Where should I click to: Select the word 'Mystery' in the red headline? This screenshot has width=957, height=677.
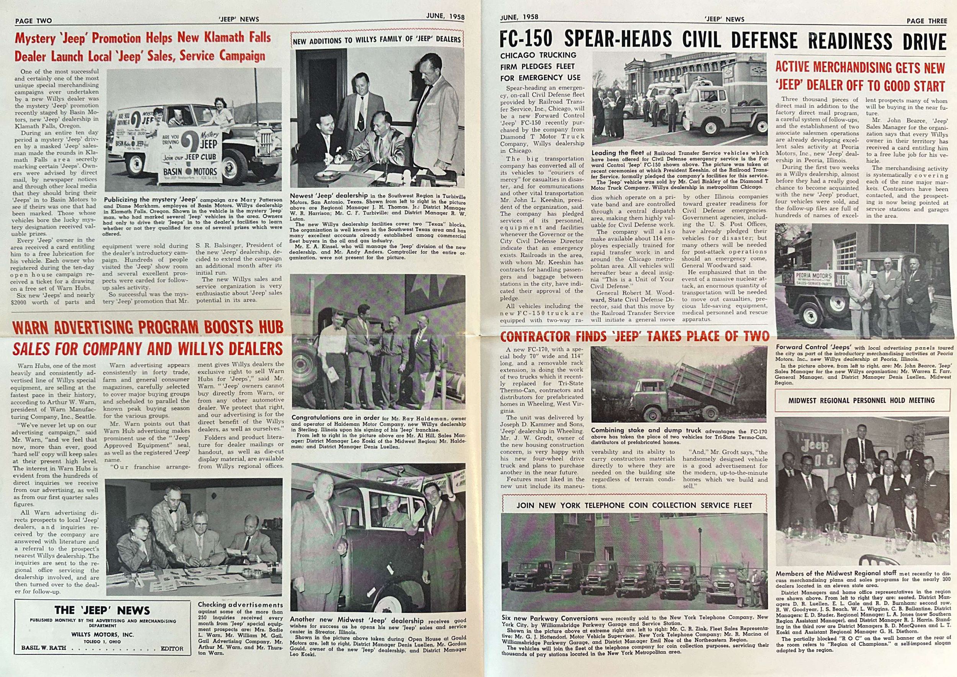(35, 38)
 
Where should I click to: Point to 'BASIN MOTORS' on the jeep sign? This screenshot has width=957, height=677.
(190, 171)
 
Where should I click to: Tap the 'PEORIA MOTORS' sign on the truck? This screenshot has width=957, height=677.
(807, 277)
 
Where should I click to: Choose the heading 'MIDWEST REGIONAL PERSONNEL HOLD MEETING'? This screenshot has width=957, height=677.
(861, 400)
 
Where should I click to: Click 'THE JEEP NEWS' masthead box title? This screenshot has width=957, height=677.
(102, 610)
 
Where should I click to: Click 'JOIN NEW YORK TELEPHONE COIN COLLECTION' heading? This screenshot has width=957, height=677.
(634, 505)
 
